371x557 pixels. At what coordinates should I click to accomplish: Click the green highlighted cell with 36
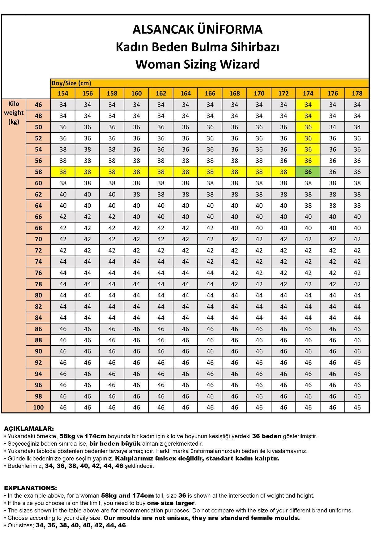(x=308, y=172)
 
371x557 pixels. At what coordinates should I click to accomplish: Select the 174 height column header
(x=308, y=93)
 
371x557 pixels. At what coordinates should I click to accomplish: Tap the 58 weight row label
(x=38, y=172)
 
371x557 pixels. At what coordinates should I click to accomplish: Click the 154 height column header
(x=63, y=93)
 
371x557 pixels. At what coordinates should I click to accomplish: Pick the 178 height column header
(x=357, y=93)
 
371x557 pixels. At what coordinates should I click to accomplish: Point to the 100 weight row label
(x=38, y=407)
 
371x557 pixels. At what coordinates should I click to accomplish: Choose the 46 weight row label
(x=38, y=105)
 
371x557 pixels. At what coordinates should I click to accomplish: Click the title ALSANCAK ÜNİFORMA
(x=198, y=30)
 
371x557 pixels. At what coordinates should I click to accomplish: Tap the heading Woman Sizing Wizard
(x=198, y=64)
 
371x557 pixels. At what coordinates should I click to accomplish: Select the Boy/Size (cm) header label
(x=71, y=83)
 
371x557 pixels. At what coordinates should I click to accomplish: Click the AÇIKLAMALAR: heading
(x=29, y=429)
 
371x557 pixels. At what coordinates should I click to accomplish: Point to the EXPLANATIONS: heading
(x=30, y=488)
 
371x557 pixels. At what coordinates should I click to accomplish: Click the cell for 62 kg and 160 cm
(x=136, y=194)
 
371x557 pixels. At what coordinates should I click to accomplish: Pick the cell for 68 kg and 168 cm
(x=234, y=228)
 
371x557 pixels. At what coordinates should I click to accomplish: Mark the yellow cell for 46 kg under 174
(x=308, y=105)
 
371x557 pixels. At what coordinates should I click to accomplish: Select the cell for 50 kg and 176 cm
(x=332, y=127)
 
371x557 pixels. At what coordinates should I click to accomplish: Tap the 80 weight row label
(x=38, y=295)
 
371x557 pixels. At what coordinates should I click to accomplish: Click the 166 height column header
(x=210, y=93)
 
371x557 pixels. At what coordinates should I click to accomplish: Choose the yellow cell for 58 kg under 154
(x=63, y=172)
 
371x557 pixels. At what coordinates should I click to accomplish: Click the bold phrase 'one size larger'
(x=171, y=503)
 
